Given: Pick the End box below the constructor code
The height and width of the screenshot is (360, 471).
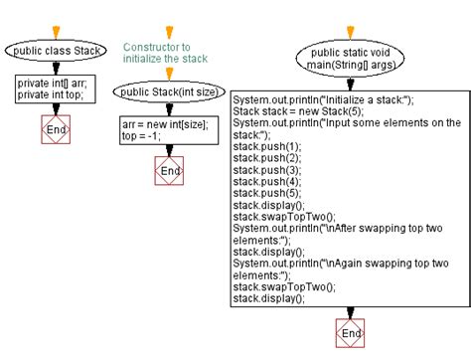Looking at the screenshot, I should pyautogui.click(x=170, y=171).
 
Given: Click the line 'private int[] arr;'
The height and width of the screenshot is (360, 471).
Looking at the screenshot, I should pyautogui.click(x=53, y=84).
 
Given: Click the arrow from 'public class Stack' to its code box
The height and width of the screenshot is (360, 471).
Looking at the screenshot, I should pyautogui.click(x=56, y=68).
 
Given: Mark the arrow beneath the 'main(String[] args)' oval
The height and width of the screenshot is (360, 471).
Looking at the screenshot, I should pyautogui.click(x=349, y=84).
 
